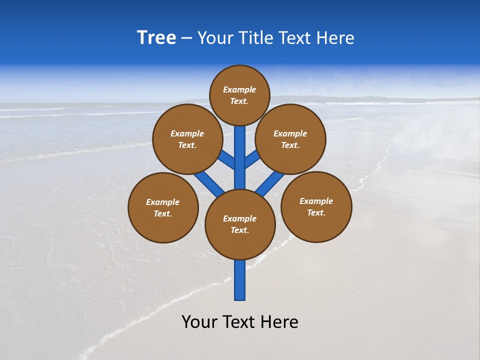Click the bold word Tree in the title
(156, 38)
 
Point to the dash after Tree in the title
(187, 38)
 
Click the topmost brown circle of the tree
(240, 95)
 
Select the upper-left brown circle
(187, 139)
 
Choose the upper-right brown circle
(290, 139)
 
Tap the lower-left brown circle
(163, 207)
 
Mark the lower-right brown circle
(316, 206)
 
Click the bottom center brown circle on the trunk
(240, 224)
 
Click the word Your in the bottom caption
(199, 322)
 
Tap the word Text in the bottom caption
(239, 322)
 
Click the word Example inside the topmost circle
(239, 90)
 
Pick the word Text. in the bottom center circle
(239, 230)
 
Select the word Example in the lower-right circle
(316, 201)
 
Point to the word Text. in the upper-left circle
(187, 145)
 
